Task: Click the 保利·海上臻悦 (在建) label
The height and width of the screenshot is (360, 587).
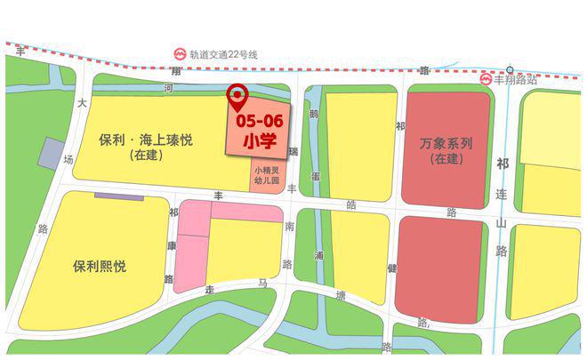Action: click(x=148, y=147)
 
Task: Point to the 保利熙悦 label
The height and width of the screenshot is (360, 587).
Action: click(x=99, y=266)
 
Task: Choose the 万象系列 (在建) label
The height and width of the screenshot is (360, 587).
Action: click(x=446, y=150)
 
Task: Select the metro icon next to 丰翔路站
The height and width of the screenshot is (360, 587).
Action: click(x=486, y=79)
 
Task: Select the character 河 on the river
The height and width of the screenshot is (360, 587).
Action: click(x=168, y=88)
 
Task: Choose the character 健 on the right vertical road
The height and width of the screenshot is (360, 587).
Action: click(x=390, y=266)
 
